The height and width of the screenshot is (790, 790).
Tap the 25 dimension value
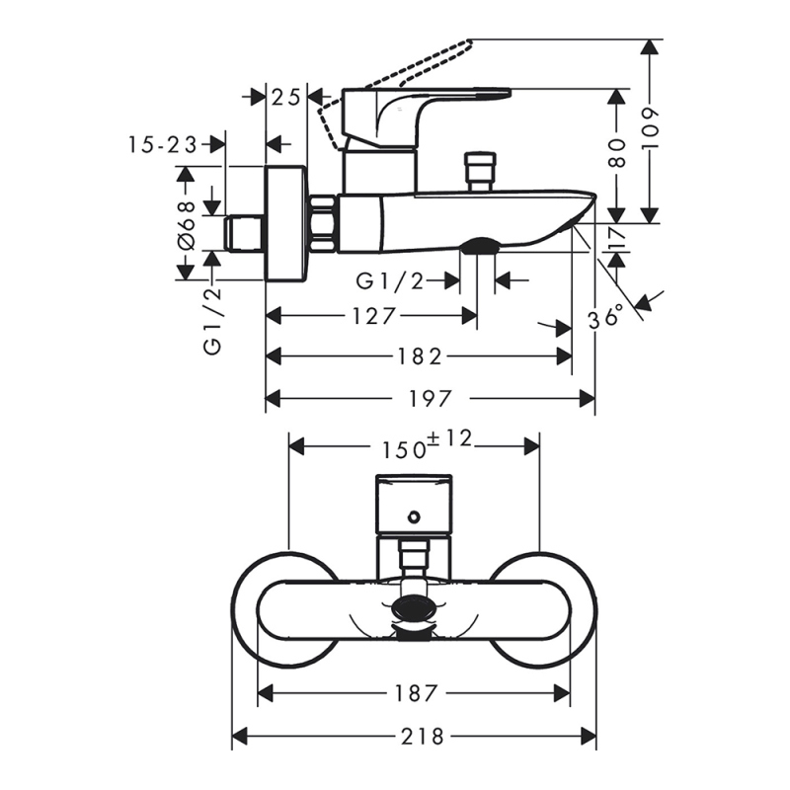tap(286, 97)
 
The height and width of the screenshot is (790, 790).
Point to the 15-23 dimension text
tap(162, 144)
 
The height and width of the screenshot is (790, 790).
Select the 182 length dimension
tap(421, 355)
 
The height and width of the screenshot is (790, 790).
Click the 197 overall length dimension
tap(432, 398)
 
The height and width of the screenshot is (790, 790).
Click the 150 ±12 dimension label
tap(429, 446)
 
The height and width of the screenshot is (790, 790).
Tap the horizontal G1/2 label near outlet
tap(390, 281)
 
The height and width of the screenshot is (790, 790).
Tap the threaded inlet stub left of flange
tap(245, 233)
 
